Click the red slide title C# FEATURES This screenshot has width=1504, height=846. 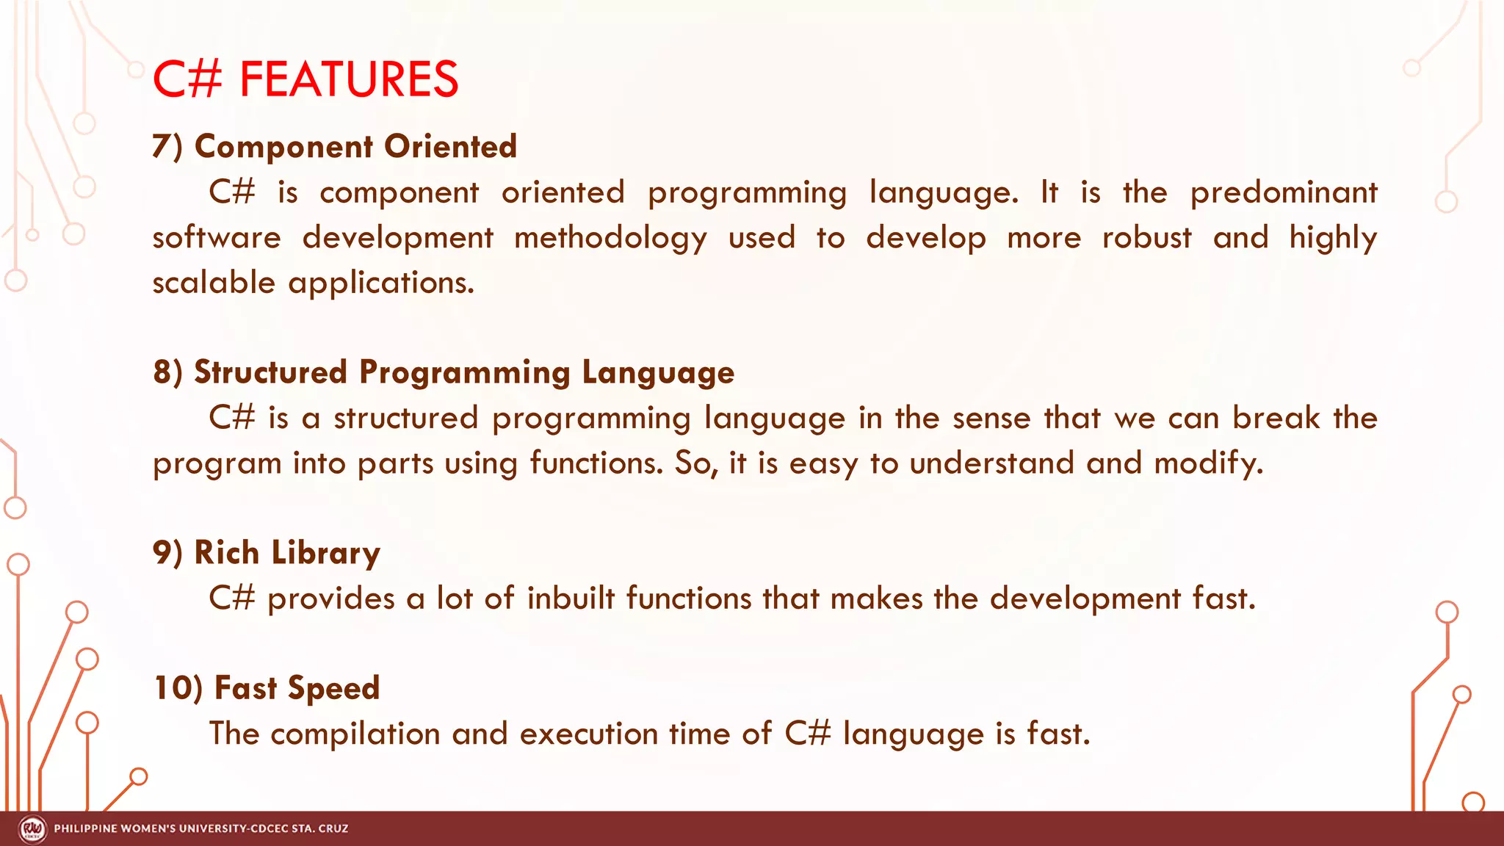[305, 79]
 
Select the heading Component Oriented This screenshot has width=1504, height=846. [355, 146]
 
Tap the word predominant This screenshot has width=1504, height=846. [1283, 193]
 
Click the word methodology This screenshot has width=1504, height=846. [610, 239]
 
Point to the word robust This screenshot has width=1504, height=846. [1146, 238]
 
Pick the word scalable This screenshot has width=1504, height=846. [214, 283]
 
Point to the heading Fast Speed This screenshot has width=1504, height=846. [297, 688]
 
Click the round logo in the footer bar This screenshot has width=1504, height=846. [32, 829]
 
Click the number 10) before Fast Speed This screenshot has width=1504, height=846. [177, 688]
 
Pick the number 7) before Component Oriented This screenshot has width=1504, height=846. [167, 146]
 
